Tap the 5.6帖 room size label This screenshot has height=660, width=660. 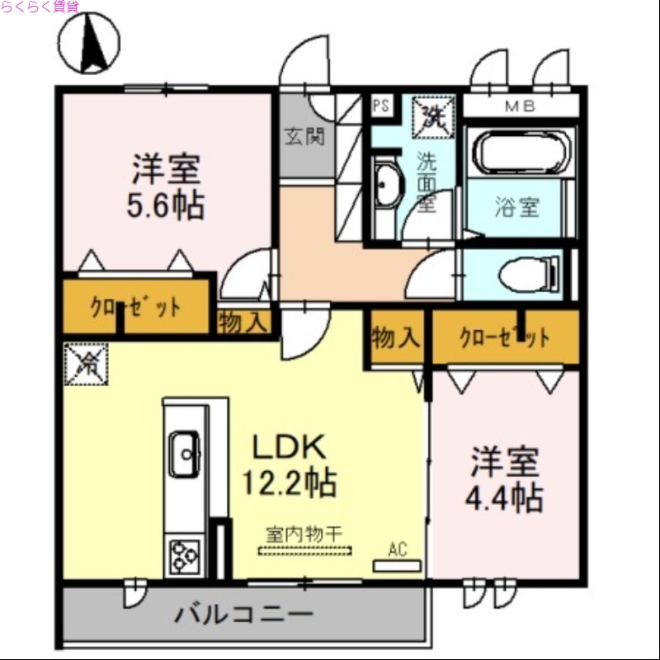165,205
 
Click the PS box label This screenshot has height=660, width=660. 380,105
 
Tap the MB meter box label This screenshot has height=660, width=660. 520,106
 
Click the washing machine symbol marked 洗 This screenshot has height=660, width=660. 432,115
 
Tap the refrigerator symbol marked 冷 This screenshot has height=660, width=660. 86,364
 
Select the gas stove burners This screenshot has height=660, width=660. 184,555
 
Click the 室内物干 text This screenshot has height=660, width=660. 304,535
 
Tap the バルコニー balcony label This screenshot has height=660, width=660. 244,615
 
